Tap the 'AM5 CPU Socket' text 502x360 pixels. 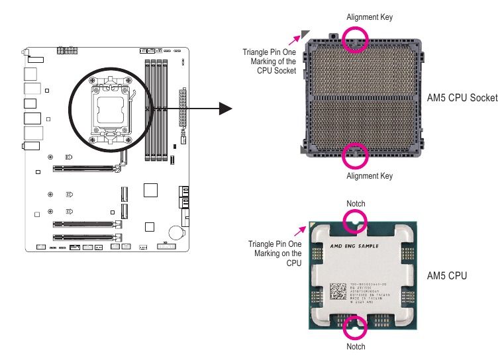click(x=462, y=98)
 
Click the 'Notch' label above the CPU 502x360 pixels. click(x=356, y=203)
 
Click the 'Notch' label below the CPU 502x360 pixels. click(x=356, y=346)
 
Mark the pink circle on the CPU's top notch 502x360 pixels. click(x=356, y=220)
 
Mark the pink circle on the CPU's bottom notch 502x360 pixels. click(x=356, y=326)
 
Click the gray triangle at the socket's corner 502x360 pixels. click(x=305, y=34)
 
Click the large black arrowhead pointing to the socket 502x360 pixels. click(x=226, y=108)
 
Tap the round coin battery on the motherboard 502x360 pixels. click(x=175, y=232)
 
